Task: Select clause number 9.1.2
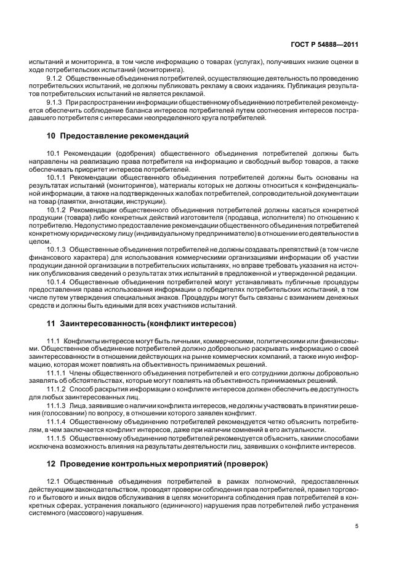coord(56,79)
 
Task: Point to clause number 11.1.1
coord(56,373)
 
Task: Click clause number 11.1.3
coord(56,404)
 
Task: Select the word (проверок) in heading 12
coord(246,463)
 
